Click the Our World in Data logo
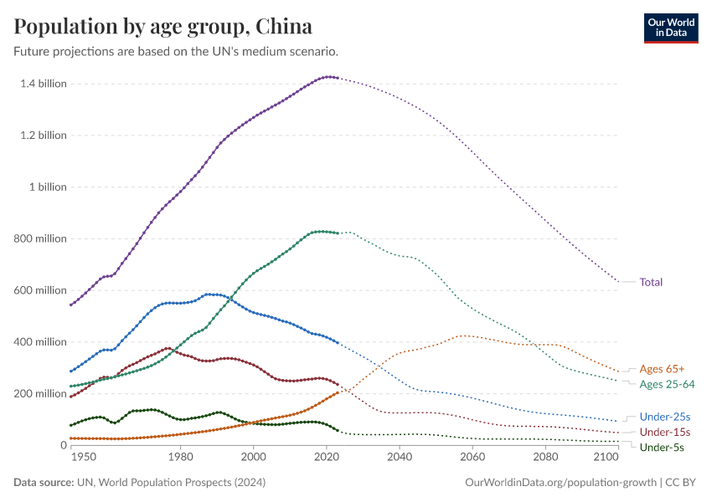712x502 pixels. [x=671, y=28]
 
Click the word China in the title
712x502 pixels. [x=284, y=26]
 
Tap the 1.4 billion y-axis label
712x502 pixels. [x=44, y=84]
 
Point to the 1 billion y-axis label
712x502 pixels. [x=48, y=187]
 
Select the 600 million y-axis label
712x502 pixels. [x=40, y=290]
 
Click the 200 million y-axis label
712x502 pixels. [x=40, y=393]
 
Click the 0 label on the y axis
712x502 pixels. [x=64, y=445]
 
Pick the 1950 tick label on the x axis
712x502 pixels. [x=84, y=457]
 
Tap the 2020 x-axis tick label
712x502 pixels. [x=327, y=457]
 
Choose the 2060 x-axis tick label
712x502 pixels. [x=472, y=457]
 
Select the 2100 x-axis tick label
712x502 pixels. [x=606, y=457]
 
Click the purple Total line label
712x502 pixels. [x=651, y=282]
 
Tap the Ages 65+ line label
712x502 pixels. [x=662, y=369]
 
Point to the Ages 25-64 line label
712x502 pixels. [x=667, y=385]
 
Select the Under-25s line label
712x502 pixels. [x=665, y=417]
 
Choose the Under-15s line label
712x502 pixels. [x=665, y=433]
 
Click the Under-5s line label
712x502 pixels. [x=662, y=448]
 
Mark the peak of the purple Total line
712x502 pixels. [x=330, y=77]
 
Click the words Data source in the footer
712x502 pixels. [x=44, y=482]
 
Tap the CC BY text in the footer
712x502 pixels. [x=680, y=482]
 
